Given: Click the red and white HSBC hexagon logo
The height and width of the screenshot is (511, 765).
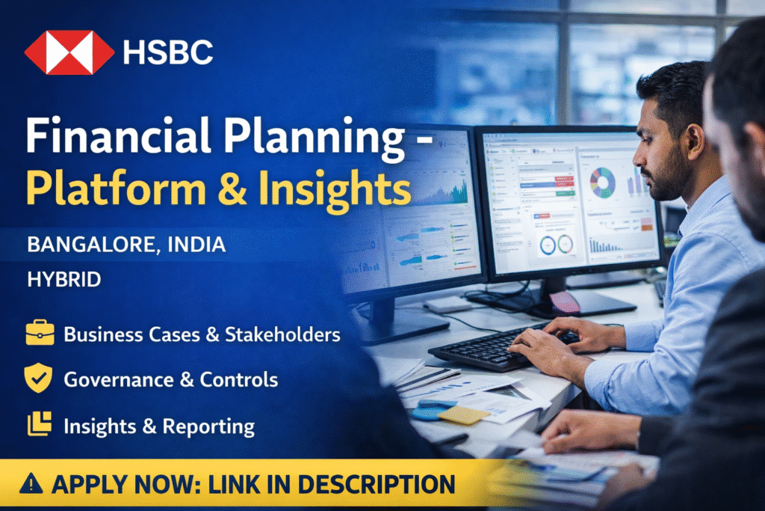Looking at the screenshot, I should pos(69,52).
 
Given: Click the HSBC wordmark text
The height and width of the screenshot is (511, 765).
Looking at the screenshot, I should pos(168,52).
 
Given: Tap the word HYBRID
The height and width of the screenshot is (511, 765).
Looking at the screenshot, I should pos(64,280).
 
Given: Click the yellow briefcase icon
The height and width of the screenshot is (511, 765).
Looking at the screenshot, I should pos(40,333).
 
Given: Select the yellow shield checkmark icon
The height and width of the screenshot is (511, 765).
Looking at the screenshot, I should pos(40,379).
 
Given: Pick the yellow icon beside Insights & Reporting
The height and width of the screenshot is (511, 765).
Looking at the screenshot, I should pos(40,425).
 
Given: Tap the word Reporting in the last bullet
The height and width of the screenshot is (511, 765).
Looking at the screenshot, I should pos(208,426).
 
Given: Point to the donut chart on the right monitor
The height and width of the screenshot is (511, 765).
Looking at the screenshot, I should pos(601,182).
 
